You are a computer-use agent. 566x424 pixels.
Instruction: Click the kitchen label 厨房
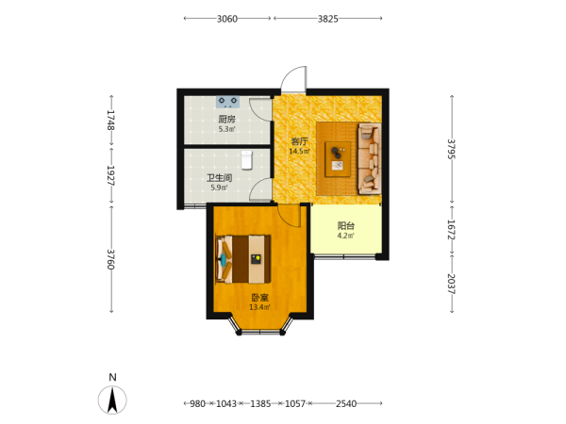tap(226, 119)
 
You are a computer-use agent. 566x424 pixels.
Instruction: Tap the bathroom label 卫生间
tap(219, 178)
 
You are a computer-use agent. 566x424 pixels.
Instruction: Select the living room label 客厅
tap(300, 141)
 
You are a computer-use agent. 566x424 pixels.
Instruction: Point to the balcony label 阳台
tap(346, 226)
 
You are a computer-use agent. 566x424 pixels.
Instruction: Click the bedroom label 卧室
tap(260, 298)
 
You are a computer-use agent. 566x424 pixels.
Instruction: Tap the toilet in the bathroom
tap(246, 160)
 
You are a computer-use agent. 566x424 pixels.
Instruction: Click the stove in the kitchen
tap(227, 102)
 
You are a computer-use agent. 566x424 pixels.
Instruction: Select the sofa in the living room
tap(369, 158)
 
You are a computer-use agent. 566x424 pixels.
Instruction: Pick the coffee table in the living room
tap(338, 159)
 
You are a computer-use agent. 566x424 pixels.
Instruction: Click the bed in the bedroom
tap(243, 259)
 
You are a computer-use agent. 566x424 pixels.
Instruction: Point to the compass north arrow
tap(112, 400)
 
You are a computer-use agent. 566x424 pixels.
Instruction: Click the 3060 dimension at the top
tap(227, 19)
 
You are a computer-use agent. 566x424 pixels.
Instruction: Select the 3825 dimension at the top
tap(327, 19)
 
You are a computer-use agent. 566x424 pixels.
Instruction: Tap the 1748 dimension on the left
tap(110, 120)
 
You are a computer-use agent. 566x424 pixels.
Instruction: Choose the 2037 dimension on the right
tap(452, 285)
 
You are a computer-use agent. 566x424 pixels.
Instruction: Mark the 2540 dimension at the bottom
tap(346, 404)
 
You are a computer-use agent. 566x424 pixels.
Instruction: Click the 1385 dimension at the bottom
tap(260, 404)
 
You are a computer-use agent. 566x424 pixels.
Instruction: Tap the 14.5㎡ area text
tap(300, 151)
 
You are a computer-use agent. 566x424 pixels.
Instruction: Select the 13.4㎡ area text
tap(260, 307)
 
